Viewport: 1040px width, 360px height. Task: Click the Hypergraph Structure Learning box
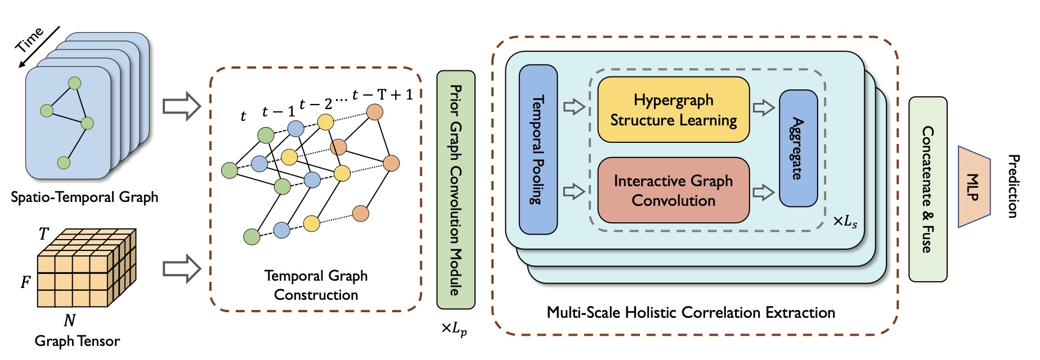[673, 110]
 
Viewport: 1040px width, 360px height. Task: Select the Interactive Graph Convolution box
[673, 190]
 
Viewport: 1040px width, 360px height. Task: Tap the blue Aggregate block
[797, 148]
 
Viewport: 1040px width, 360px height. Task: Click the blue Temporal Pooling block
[538, 150]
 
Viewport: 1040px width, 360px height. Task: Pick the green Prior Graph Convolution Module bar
[456, 190]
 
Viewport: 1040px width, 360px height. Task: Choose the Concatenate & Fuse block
[927, 189]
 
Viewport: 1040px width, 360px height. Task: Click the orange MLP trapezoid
[974, 187]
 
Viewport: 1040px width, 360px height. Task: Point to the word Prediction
[1012, 186]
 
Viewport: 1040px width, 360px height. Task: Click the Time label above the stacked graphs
[29, 39]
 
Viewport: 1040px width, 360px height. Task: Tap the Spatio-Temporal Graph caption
[84, 197]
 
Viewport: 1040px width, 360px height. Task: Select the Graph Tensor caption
[77, 341]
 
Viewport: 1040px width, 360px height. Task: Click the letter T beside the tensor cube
[43, 234]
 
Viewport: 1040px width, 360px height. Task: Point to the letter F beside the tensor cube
[25, 282]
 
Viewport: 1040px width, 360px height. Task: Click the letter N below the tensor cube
[69, 321]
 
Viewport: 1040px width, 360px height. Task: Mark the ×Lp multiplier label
[454, 328]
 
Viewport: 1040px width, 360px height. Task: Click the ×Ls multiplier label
[845, 222]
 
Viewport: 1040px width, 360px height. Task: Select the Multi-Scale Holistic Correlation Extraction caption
[691, 313]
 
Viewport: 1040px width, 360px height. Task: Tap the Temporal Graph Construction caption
[316, 285]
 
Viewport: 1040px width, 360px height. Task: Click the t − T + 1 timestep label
[383, 94]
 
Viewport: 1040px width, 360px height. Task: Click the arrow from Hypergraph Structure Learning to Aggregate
[764, 107]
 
